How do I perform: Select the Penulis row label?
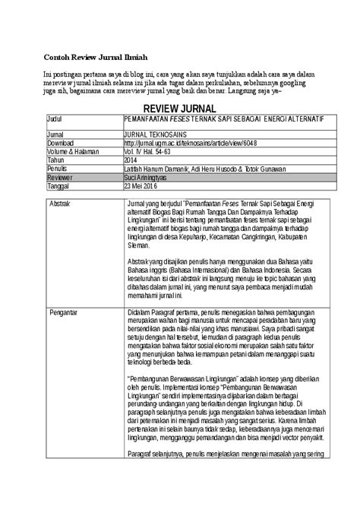pos(58,168)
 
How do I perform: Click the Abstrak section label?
pos(62,205)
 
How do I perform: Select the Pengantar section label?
pos(65,312)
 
